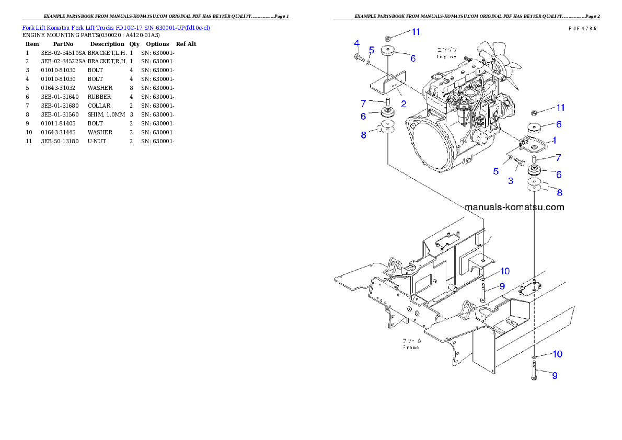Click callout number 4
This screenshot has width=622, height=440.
click(356, 43)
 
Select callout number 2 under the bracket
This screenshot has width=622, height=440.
click(404, 103)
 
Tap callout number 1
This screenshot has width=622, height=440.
click(555, 140)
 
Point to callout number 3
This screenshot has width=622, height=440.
click(511, 181)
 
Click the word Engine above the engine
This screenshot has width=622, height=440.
click(446, 56)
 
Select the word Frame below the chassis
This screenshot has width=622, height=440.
click(410, 347)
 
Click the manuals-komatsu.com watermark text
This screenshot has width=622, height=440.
click(514, 207)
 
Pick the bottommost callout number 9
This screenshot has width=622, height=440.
click(555, 375)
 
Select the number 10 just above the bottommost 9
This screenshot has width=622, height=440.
click(557, 354)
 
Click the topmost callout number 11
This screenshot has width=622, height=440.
click(416, 32)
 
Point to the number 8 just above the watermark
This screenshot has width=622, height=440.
click(559, 192)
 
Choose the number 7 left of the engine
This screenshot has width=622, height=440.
click(363, 103)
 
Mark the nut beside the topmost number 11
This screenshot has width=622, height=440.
click(387, 38)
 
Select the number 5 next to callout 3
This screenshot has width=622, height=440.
click(496, 171)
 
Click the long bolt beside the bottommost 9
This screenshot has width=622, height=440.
click(534, 372)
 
